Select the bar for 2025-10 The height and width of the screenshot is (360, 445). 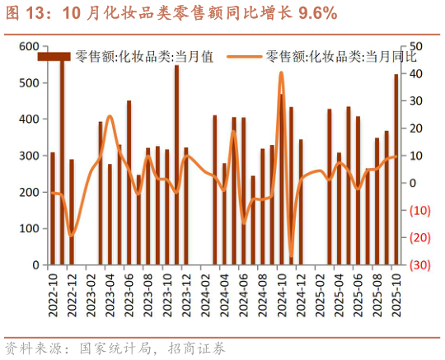coord(396,170)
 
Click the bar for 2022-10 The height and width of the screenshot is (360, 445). coord(53,209)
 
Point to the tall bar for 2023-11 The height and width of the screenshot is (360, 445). coord(176,165)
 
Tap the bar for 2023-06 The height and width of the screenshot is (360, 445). coord(129,183)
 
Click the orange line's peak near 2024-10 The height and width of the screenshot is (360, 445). coord(281,72)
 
